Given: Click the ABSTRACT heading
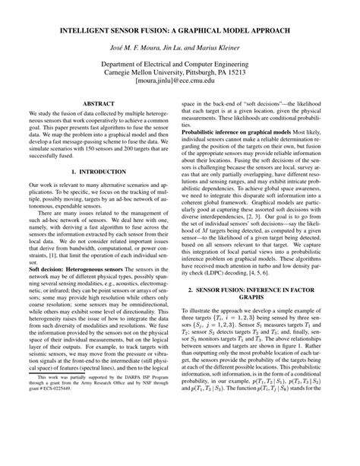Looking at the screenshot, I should pos(98,119).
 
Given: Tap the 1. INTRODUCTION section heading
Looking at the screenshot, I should pos(98,195).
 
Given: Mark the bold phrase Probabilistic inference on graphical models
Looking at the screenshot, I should pos(240,153).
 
